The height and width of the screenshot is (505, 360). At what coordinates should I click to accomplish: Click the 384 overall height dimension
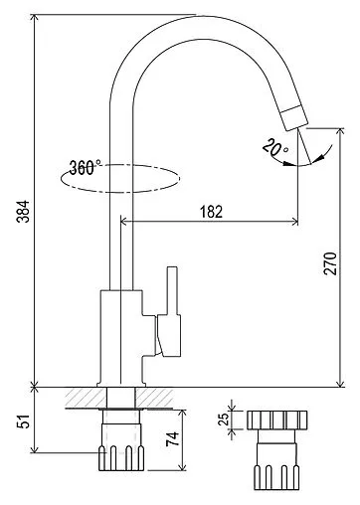(x=24, y=212)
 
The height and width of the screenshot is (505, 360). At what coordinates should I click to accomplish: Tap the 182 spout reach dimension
(x=211, y=212)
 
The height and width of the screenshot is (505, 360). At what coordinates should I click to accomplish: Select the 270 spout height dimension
(x=330, y=263)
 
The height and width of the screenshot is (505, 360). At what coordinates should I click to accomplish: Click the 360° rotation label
(x=85, y=167)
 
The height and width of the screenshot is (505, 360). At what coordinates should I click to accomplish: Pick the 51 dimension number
(x=24, y=421)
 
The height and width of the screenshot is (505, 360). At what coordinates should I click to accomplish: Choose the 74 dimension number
(x=172, y=439)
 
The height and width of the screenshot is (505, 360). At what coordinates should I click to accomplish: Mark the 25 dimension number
(x=225, y=419)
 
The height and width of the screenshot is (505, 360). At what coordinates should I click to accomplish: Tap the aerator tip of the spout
(x=294, y=118)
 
